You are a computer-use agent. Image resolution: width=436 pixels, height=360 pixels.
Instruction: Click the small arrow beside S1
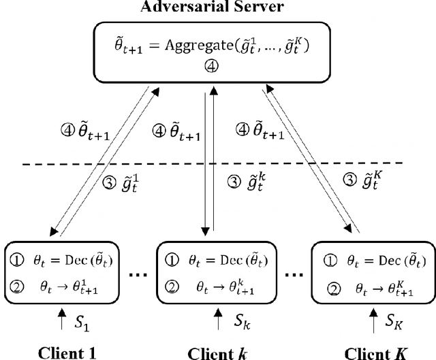tap(62, 318)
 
